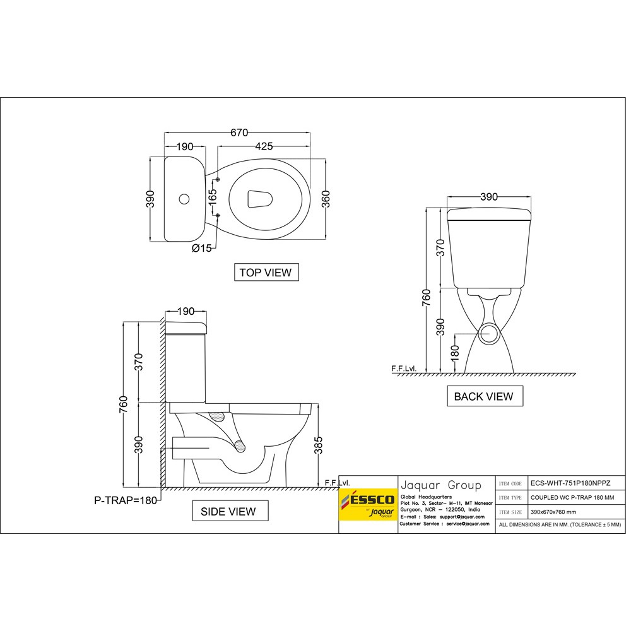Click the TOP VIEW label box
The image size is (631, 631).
pyautogui.click(x=266, y=273)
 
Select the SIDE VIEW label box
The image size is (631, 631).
pyautogui.click(x=230, y=511)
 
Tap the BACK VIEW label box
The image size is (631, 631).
pyautogui.click(x=485, y=396)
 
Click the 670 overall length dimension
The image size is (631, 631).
pyautogui.click(x=239, y=133)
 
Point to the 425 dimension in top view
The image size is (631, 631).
pyautogui.click(x=264, y=146)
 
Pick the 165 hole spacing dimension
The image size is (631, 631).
pyautogui.click(x=213, y=197)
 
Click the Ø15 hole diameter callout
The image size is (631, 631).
pyautogui.click(x=202, y=248)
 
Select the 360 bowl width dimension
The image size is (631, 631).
pyautogui.click(x=326, y=199)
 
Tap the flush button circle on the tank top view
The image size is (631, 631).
pyautogui.click(x=184, y=199)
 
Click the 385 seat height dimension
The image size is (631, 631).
pyautogui.click(x=318, y=445)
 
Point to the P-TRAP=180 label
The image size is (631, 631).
pyautogui.click(x=126, y=500)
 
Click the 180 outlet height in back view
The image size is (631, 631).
pyautogui.click(x=455, y=353)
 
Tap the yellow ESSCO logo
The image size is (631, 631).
pyautogui.click(x=369, y=504)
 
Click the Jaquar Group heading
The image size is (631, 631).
pyautogui.click(x=440, y=485)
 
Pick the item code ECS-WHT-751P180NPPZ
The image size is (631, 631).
pyautogui.click(x=570, y=484)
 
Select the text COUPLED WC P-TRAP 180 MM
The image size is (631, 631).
pyautogui.click(x=572, y=498)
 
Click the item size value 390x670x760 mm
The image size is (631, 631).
pyautogui.click(x=553, y=512)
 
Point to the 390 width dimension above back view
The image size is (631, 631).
pyautogui.click(x=489, y=197)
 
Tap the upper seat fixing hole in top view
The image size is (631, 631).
pyautogui.click(x=218, y=179)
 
